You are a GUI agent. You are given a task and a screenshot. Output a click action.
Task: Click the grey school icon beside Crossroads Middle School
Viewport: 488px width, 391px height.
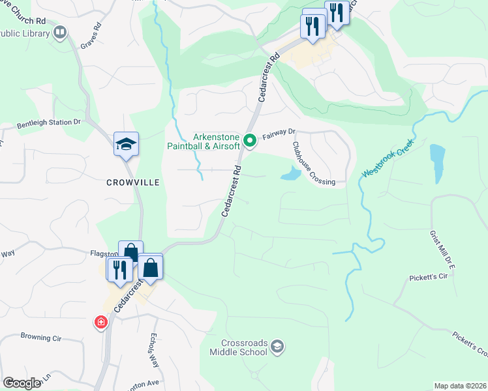click(x=277, y=345)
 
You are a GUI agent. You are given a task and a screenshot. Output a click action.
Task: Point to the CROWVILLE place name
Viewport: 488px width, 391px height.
click(x=133, y=183)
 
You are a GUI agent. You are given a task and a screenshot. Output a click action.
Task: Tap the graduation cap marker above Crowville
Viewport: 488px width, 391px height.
click(x=126, y=144)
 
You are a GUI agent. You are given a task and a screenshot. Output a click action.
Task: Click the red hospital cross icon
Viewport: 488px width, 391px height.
click(x=100, y=322)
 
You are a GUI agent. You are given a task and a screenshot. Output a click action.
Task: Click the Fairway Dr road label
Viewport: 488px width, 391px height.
click(x=279, y=135)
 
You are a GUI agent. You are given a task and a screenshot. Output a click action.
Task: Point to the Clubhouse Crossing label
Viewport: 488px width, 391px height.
click(x=313, y=164)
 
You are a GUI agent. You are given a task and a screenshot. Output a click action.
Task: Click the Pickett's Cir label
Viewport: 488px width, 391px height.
click(x=427, y=277)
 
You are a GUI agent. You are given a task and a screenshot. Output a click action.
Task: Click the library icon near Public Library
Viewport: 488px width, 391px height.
click(x=61, y=31)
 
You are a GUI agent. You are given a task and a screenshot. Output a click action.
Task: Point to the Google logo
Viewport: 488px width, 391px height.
click(x=22, y=383)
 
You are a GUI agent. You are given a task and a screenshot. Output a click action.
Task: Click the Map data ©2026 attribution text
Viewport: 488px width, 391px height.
click(x=460, y=386)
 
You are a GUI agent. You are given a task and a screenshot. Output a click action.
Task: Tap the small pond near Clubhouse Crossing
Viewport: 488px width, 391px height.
click(x=290, y=174)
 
